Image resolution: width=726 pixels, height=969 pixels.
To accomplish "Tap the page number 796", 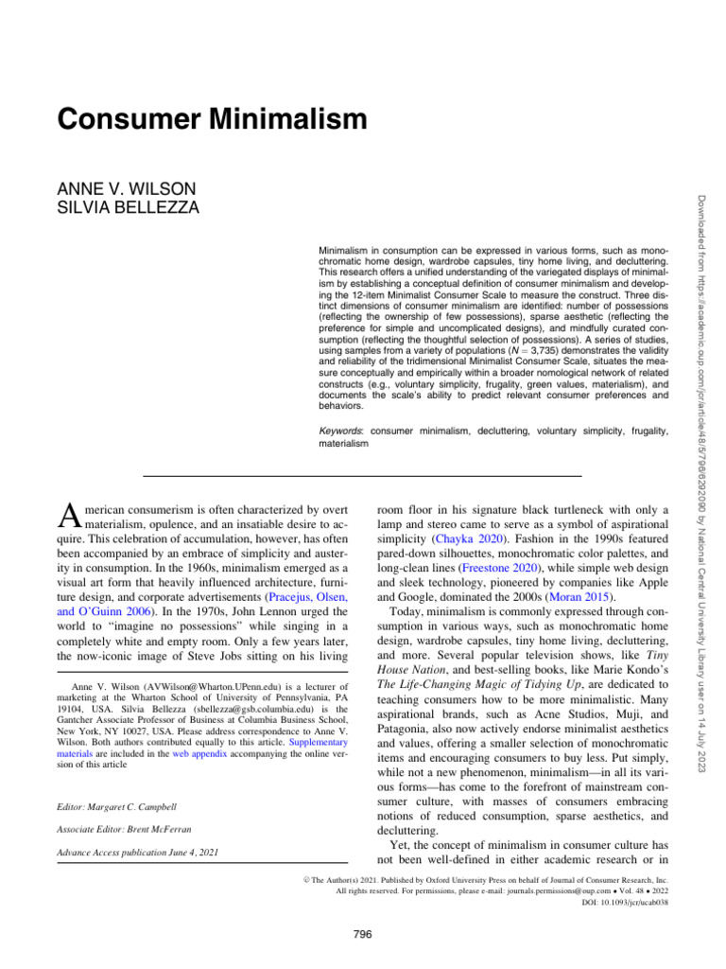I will pos(362,935).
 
